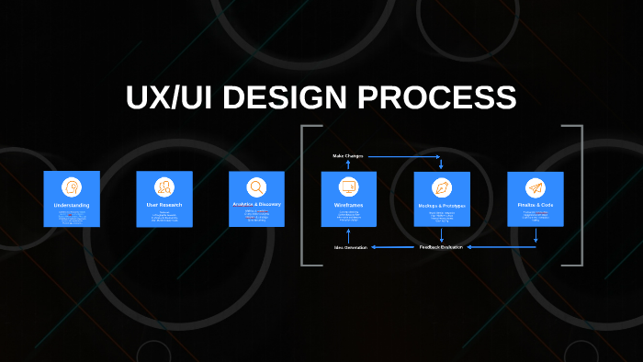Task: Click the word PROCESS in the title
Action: click(440, 99)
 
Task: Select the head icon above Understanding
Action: click(72, 187)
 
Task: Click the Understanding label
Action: click(72, 205)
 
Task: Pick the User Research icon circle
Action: click(164, 187)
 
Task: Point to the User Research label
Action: click(164, 205)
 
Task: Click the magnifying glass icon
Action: click(256, 187)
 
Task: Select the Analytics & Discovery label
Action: click(256, 205)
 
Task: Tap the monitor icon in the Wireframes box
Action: click(348, 187)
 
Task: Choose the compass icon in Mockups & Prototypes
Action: click(442, 187)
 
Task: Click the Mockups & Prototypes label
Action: click(442, 206)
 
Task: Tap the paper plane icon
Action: click(535, 187)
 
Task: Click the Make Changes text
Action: click(348, 156)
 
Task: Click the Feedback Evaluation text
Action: click(442, 247)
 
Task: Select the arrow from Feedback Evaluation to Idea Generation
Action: click(395, 248)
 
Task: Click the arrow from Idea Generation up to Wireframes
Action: click(348, 236)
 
